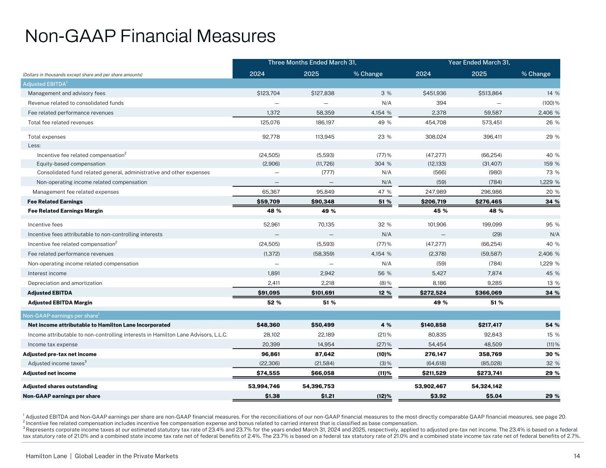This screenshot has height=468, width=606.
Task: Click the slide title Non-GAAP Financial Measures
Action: (x=150, y=36)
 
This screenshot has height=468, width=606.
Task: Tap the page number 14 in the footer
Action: (x=577, y=456)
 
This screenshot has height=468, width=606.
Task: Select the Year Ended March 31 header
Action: (x=479, y=63)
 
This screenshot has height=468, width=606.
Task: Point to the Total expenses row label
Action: (x=47, y=137)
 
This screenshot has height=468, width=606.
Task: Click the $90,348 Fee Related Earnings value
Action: (x=322, y=201)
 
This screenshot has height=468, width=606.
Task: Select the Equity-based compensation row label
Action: (x=71, y=164)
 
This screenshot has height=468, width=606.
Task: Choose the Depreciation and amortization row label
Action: (x=65, y=283)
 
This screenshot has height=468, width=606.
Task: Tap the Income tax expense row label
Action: (x=52, y=345)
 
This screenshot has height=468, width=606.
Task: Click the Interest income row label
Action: (x=47, y=273)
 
